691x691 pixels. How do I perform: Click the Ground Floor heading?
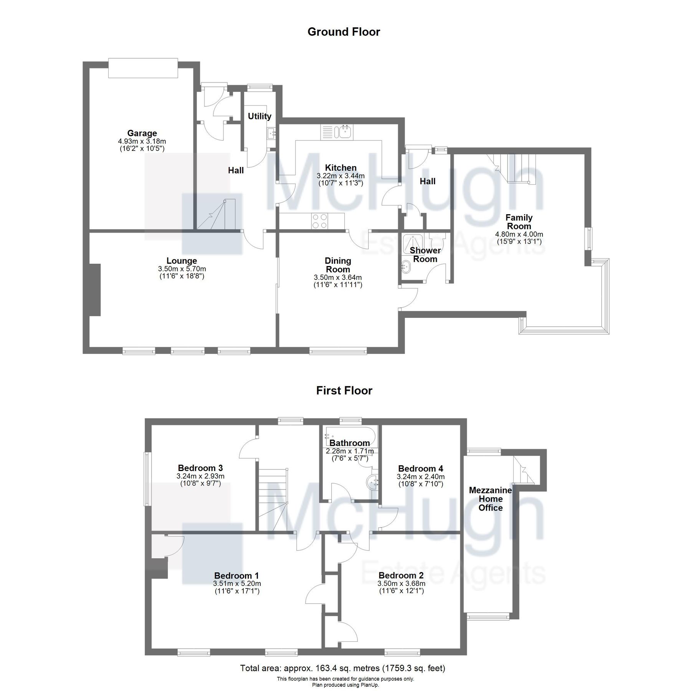(344, 32)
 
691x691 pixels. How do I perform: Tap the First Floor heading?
(344, 391)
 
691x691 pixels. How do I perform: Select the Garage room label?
(142, 133)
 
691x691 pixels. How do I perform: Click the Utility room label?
(260, 116)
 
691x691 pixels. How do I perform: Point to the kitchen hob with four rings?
(320, 221)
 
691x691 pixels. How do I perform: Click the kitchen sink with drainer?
(337, 132)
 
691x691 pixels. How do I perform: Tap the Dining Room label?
(338, 265)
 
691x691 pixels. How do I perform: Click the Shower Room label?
(425, 255)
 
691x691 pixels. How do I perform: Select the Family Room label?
(519, 222)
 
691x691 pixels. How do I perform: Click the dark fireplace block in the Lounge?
(95, 290)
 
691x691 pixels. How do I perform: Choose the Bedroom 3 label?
(200, 468)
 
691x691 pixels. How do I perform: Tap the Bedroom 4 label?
(420, 468)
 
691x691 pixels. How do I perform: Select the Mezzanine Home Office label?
(490, 499)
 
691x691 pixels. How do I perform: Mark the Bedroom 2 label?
(401, 575)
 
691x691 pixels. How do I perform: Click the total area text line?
(342, 668)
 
